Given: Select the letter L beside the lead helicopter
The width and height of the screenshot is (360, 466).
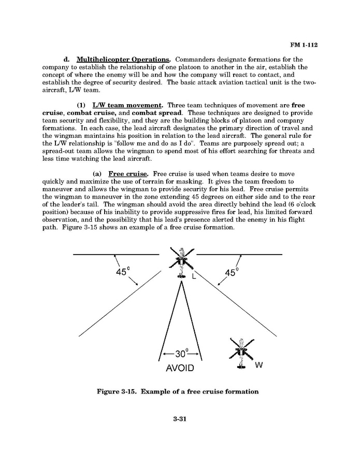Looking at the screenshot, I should pos(194,277).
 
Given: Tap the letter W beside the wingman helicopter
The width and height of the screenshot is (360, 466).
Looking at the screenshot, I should pos(259,365).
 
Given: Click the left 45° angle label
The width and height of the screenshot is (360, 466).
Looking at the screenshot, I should pos(122,272).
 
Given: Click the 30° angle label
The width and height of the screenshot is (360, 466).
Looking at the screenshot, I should pos(181,354).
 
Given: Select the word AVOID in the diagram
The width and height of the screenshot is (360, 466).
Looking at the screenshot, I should pos(180,369).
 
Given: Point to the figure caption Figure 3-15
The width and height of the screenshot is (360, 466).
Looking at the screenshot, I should pos(178,391).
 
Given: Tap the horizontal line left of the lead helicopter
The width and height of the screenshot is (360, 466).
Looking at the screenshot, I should pos(116,255).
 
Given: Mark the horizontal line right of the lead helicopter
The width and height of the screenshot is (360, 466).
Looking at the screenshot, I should pos(239,255).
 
